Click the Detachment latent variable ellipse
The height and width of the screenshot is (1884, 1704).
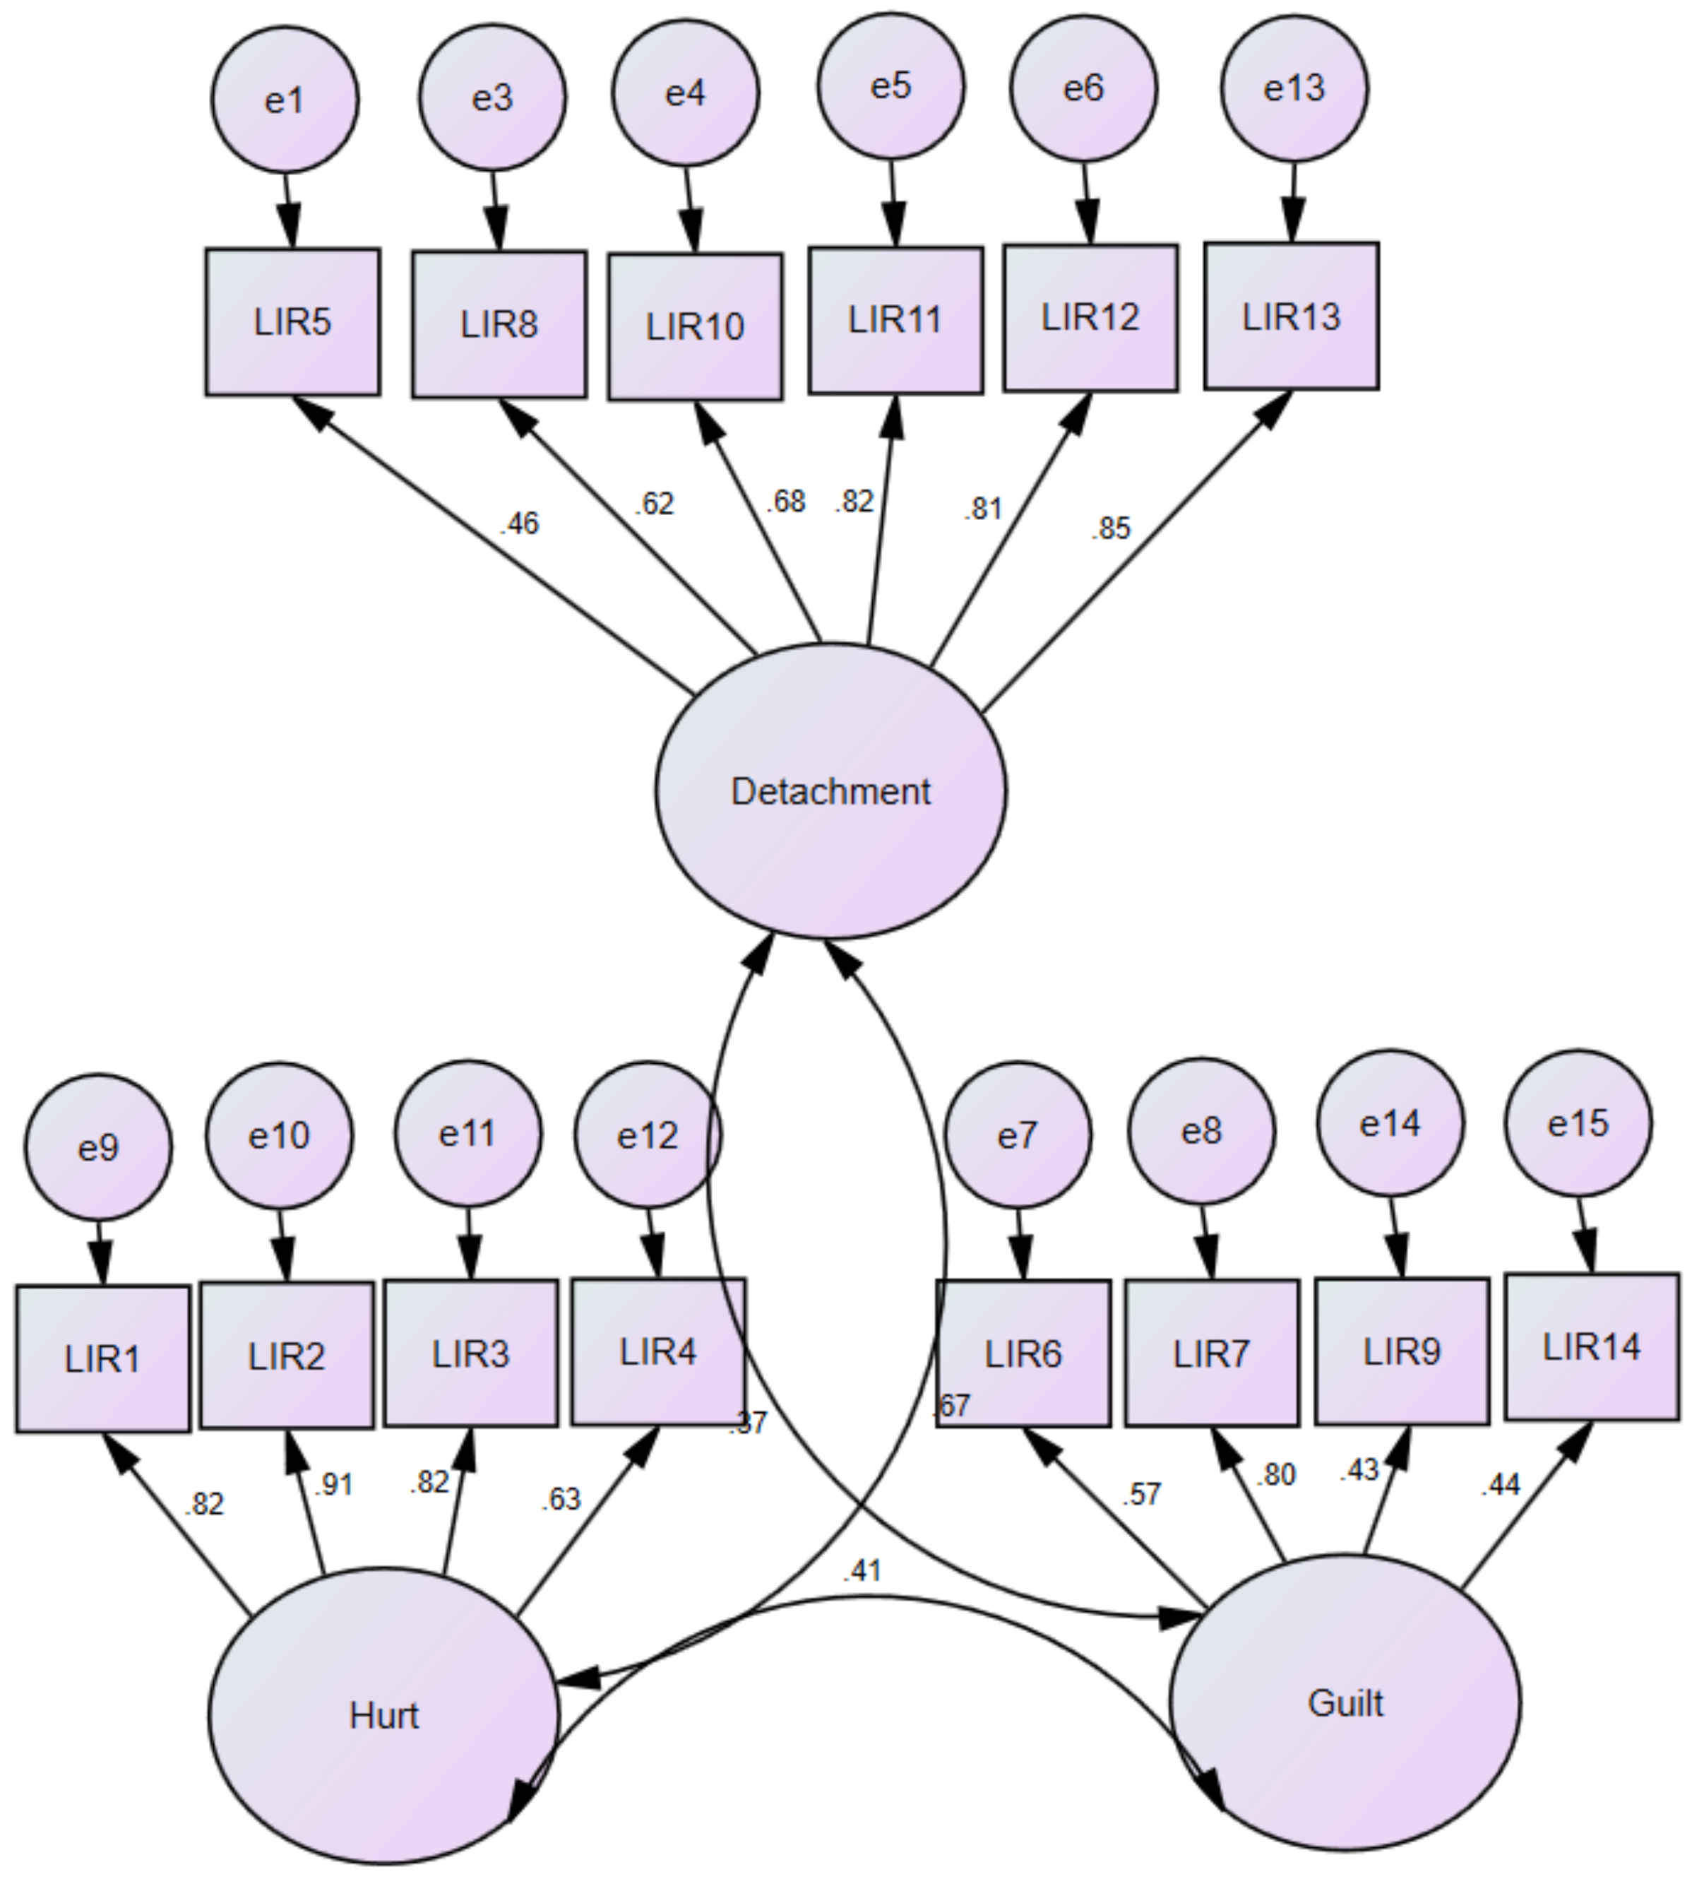[830, 790]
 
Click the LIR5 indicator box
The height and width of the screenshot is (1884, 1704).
[292, 321]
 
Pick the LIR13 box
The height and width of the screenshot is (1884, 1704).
[1291, 316]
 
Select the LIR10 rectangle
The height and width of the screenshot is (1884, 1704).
[695, 326]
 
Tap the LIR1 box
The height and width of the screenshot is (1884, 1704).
[103, 1359]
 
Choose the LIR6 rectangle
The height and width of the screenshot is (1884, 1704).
[1023, 1353]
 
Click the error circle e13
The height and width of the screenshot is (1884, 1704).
[1294, 88]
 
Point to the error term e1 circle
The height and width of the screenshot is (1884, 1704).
[285, 99]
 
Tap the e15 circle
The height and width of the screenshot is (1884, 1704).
[1578, 1122]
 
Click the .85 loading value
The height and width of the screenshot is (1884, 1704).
[1111, 529]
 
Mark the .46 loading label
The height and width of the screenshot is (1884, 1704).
[520, 523]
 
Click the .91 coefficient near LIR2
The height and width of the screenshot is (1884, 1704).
[333, 1484]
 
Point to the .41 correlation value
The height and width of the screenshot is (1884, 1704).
[862, 1571]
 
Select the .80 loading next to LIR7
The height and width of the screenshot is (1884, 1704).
[1275, 1475]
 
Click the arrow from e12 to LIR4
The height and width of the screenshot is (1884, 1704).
[654, 1243]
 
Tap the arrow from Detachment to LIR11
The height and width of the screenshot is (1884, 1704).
[881, 523]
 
